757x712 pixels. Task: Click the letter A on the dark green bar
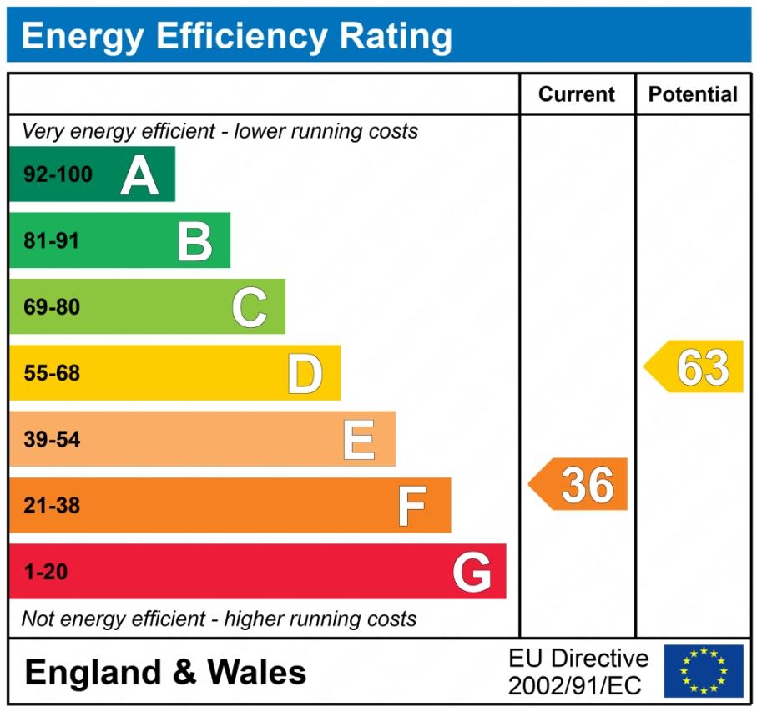tap(139, 175)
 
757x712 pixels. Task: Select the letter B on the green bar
tap(195, 241)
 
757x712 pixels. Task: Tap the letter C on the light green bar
tap(250, 307)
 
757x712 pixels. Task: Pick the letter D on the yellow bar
tap(305, 374)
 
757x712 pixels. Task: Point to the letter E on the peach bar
tap(359, 440)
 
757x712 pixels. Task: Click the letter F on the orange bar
tap(411, 506)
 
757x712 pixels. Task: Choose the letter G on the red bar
tap(472, 573)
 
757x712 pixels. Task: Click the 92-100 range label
tap(58, 175)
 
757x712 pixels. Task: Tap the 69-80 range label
tap(52, 307)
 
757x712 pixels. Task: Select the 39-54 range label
tap(52, 440)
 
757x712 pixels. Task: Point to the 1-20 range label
tap(46, 573)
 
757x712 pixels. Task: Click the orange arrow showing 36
tap(579, 484)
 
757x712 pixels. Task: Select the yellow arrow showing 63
tap(695, 366)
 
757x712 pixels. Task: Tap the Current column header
tap(577, 94)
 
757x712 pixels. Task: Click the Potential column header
tap(693, 94)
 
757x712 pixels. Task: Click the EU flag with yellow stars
tap(703, 671)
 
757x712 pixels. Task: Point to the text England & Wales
tap(165, 672)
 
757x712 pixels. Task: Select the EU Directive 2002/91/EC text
tap(578, 672)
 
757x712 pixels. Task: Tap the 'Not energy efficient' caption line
tap(219, 619)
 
